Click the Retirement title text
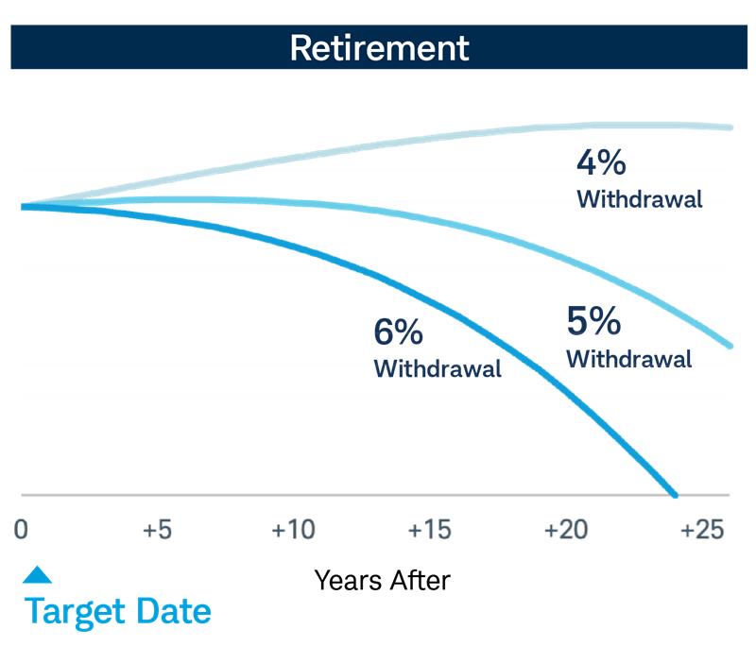[378, 47]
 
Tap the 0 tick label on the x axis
[21, 530]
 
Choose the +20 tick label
[565, 530]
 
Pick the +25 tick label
[701, 530]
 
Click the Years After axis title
[382, 579]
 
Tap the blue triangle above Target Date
[37, 574]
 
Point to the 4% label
[601, 162]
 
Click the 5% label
[593, 322]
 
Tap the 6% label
[398, 332]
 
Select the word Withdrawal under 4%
[640, 200]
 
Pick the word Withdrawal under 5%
[628, 360]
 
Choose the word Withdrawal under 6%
[438, 369]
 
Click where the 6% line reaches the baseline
[674, 494]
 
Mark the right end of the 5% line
[731, 346]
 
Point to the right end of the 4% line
[731, 127]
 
